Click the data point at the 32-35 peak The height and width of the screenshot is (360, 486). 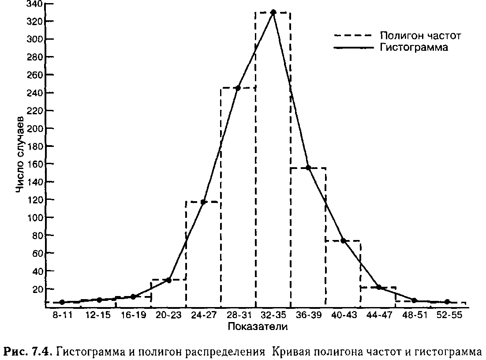[273, 12]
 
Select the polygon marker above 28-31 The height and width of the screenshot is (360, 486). [238, 88]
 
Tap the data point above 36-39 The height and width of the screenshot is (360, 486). [308, 168]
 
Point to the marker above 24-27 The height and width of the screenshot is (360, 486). [203, 202]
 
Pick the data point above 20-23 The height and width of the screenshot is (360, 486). [168, 280]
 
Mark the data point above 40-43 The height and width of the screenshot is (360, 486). [343, 241]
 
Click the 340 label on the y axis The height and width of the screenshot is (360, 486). [34, 4]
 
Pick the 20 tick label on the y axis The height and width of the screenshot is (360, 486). [37, 289]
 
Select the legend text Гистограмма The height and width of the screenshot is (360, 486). [414, 48]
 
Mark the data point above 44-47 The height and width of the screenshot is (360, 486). [378, 287]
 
